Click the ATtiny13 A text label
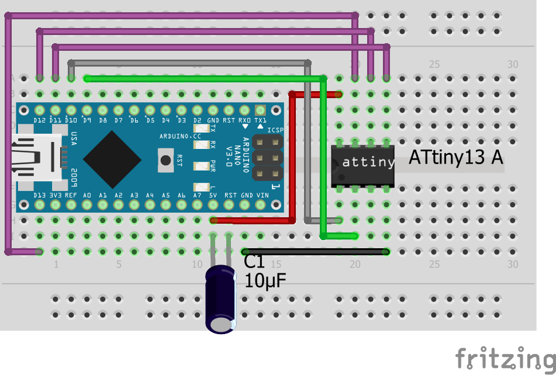click(x=455, y=158)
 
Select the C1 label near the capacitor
click(x=254, y=262)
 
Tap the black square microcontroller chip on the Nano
click(x=112, y=158)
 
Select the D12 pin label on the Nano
click(x=40, y=120)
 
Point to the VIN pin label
click(x=262, y=196)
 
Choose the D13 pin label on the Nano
click(x=40, y=196)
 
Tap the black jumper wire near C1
click(x=316, y=252)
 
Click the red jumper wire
click(x=292, y=158)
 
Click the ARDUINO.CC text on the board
click(x=180, y=136)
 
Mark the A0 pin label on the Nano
click(x=87, y=196)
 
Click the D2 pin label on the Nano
click(x=197, y=120)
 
